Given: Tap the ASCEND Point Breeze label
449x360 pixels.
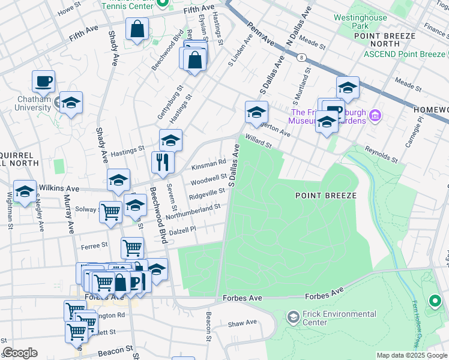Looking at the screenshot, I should [405, 55].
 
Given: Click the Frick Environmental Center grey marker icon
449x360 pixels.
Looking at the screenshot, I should [294, 316].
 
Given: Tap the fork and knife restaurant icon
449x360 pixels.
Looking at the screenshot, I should [163, 162].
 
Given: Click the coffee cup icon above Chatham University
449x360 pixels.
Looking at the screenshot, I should [43, 80].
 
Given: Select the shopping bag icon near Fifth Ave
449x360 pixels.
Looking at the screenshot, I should [137, 28].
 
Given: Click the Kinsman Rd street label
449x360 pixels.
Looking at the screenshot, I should [208, 164].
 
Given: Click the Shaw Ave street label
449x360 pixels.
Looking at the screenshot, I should [242, 323].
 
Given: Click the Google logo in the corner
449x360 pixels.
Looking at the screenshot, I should [20, 353].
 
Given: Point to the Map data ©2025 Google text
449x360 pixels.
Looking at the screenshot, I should [411, 355].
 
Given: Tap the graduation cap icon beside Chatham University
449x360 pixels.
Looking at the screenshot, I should [71, 103].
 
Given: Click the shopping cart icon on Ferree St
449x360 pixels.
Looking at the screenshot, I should [132, 247].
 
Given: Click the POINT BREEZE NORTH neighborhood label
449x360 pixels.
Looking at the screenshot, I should [385, 40].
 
